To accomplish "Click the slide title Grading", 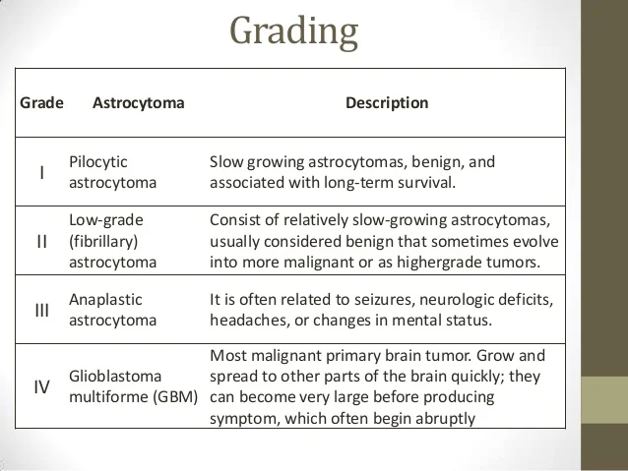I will (293, 31).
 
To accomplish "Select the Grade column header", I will (41, 102).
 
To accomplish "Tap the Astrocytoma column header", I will (138, 102).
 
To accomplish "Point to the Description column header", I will (387, 102).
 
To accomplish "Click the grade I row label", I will (41, 173).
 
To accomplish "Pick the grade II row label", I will (41, 241).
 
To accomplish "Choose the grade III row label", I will (41, 311).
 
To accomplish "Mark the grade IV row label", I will (41, 386).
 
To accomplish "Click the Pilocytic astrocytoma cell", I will (112, 172).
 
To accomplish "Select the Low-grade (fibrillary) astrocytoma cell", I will (113, 241).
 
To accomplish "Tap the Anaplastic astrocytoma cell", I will (112, 310).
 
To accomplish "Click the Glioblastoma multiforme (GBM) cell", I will (134, 386).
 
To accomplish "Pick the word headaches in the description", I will (245, 322).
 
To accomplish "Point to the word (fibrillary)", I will (104, 241).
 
